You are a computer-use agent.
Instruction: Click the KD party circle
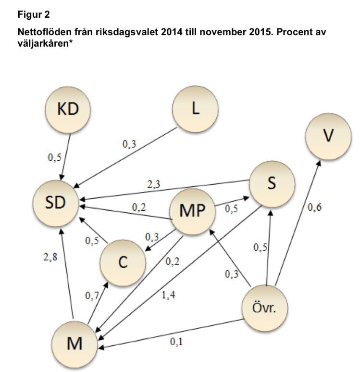[68, 109]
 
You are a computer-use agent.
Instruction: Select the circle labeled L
[195, 109]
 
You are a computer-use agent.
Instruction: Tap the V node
[328, 136]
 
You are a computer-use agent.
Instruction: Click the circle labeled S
[271, 184]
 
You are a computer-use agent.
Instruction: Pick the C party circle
[122, 263]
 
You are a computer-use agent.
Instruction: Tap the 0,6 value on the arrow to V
[314, 208]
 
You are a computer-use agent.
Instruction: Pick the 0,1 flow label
[177, 342]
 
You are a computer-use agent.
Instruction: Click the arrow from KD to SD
[66, 155]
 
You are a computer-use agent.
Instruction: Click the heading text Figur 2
[34, 15]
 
